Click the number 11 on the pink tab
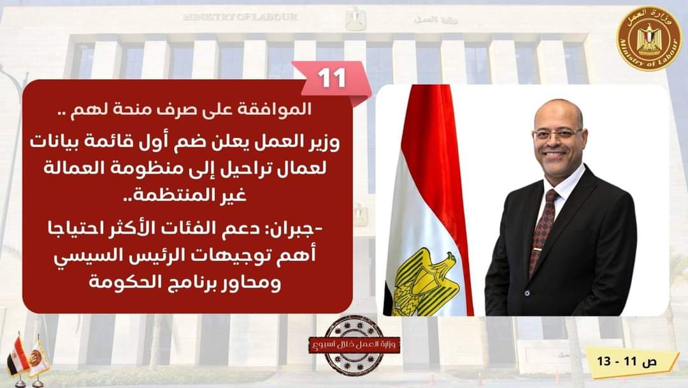pos(332,77)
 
